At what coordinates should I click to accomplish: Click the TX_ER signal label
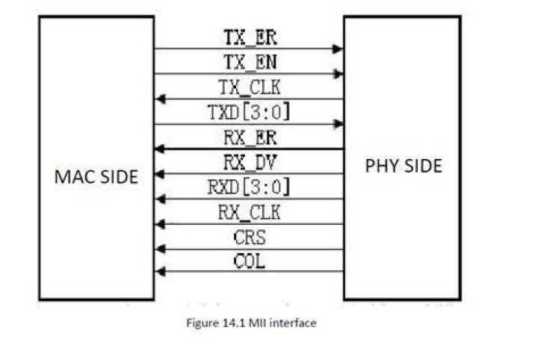coord(250,37)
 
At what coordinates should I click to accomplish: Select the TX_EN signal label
coord(250,62)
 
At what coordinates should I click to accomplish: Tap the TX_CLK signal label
coord(250,87)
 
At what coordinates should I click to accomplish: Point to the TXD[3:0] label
coord(249,112)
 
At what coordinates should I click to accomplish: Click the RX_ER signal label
coord(250,137)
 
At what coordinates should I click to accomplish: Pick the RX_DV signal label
coord(250,163)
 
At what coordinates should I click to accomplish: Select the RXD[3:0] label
coord(249,187)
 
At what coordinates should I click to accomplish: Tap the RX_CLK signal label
coord(250,212)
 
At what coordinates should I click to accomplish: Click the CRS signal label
coord(250,238)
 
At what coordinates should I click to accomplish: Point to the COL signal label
coord(250,261)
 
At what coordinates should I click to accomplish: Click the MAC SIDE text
coord(96,177)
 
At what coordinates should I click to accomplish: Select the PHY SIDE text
coord(403,166)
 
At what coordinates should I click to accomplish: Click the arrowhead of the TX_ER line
coord(338,49)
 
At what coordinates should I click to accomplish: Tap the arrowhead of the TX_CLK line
coord(161,99)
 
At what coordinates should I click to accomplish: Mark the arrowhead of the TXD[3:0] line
coord(338,124)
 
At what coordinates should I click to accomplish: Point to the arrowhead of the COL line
coord(161,272)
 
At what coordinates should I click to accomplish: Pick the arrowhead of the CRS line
coord(161,249)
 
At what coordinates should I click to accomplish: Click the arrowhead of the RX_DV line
coord(160,174)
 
